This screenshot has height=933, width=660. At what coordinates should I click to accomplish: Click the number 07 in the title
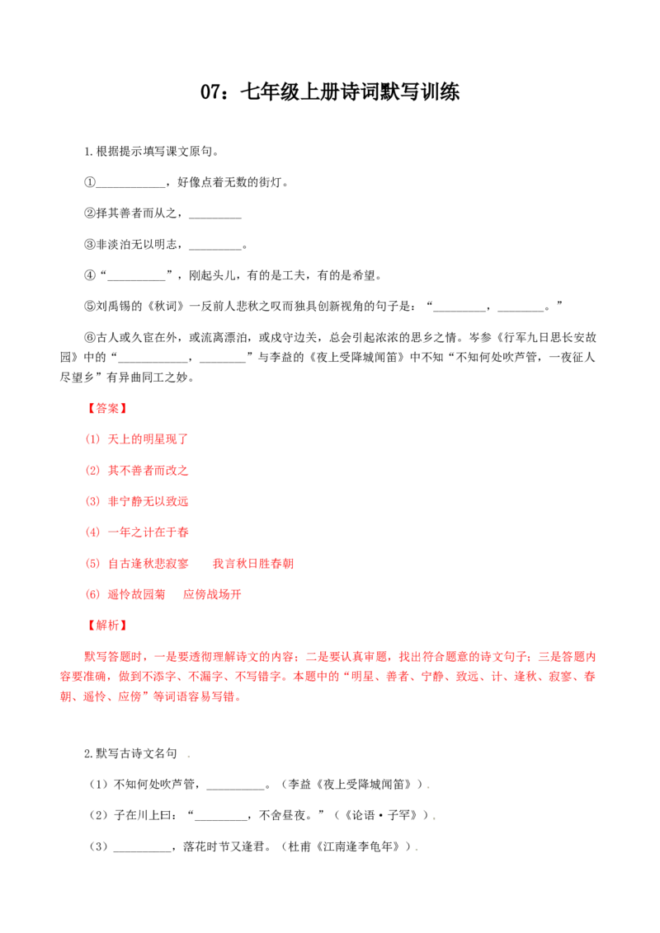211,92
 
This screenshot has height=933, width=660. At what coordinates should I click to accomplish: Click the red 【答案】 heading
107,408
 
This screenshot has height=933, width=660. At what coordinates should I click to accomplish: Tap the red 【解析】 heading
107,625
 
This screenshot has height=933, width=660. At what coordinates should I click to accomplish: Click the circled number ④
90,275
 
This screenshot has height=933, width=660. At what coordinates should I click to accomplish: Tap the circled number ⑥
90,337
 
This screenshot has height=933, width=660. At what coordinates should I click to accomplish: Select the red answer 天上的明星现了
148,439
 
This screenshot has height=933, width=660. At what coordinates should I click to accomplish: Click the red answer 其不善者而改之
148,471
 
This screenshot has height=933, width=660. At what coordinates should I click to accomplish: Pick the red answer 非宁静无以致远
148,501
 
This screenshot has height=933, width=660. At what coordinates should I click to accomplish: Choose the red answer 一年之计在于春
148,532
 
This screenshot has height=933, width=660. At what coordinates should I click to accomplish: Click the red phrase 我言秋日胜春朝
253,564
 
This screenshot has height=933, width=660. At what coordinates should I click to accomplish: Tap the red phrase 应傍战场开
212,594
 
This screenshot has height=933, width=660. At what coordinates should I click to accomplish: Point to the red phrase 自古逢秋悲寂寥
148,564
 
